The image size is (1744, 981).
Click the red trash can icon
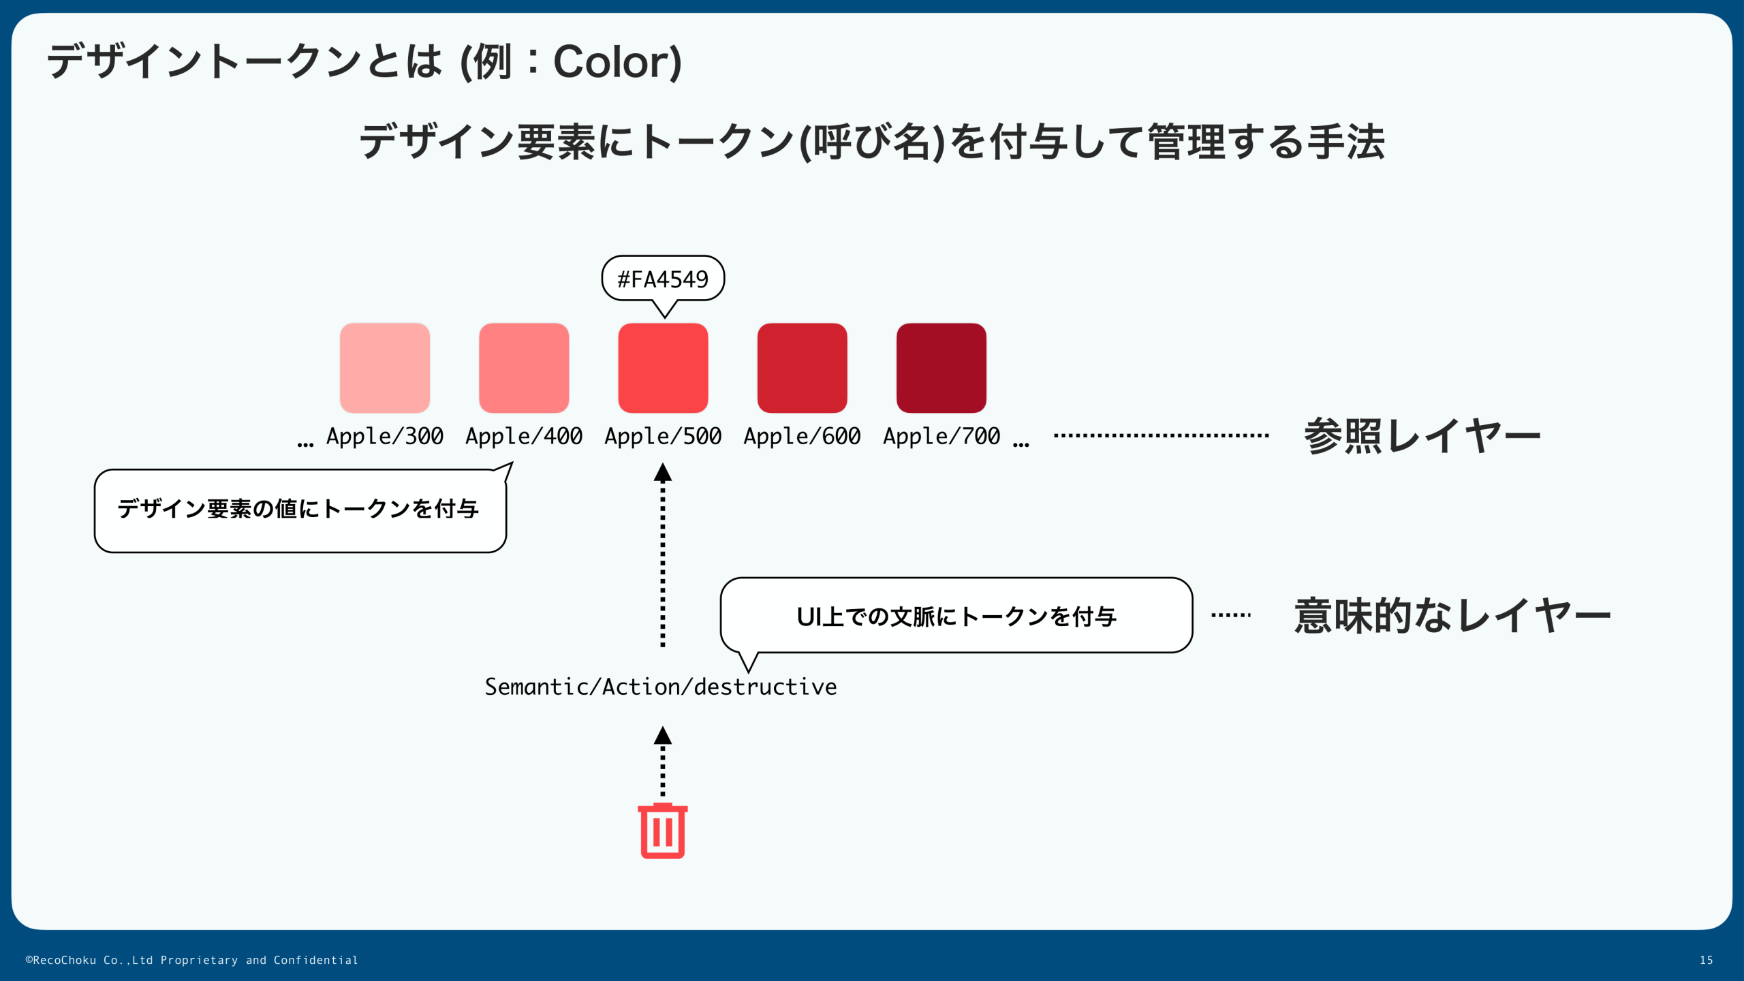click(662, 830)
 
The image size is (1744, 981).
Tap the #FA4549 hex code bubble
click(662, 279)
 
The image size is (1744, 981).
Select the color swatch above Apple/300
click(385, 368)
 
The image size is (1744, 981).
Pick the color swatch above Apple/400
click(524, 368)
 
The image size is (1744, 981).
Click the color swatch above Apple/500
click(663, 368)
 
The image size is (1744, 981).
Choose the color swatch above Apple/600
click(802, 368)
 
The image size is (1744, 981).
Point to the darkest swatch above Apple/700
click(941, 368)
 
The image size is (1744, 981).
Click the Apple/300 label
click(385, 436)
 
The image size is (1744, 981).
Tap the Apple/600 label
click(802, 436)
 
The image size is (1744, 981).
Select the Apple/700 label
click(941, 436)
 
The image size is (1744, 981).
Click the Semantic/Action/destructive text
click(660, 687)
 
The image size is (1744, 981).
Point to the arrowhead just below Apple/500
click(663, 473)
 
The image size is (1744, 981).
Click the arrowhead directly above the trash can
click(663, 736)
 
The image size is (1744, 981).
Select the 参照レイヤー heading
click(1422, 436)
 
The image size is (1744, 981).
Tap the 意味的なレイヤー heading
click(1452, 616)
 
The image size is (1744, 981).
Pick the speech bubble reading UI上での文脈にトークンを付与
click(956, 616)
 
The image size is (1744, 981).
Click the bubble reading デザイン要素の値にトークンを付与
click(300, 510)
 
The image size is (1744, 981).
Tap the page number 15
click(1706, 960)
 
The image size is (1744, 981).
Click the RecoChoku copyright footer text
click(191, 960)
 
